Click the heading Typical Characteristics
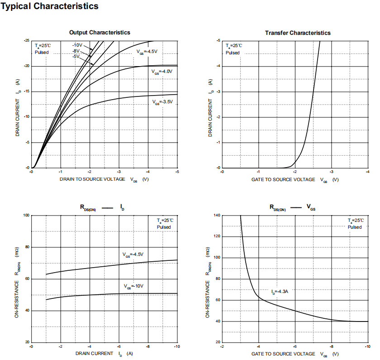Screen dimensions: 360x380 50,6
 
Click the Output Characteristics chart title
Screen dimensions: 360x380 100,33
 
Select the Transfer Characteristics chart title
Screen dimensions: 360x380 298,33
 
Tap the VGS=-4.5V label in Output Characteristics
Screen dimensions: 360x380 147,52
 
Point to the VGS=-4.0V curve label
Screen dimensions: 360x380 162,72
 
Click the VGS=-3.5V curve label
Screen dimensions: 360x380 162,102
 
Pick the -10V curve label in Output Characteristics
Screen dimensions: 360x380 77,45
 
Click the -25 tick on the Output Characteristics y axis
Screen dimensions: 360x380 27,41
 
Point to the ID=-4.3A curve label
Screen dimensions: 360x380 280,292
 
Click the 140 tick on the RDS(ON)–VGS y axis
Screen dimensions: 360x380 217,216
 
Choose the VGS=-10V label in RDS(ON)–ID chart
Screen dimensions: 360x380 133,286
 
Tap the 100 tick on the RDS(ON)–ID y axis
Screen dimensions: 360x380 27,216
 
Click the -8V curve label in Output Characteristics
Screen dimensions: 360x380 76,51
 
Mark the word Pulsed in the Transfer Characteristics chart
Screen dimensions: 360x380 233,53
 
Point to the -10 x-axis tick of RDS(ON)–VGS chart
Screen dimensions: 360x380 366,346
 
